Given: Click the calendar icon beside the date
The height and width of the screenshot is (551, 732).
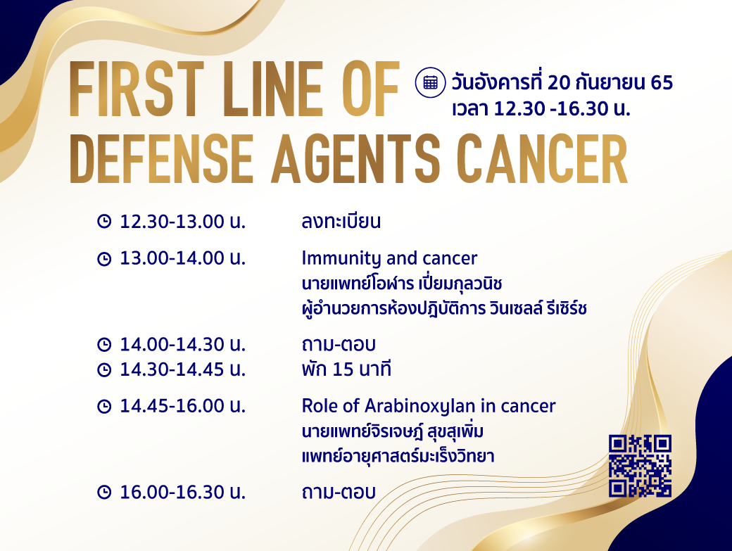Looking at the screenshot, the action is tap(430, 82).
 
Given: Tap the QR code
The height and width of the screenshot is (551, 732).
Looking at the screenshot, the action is tap(640, 466).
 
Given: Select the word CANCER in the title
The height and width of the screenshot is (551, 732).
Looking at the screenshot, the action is tap(543, 159).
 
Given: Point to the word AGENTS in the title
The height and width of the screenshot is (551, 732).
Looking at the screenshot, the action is tap(355, 159).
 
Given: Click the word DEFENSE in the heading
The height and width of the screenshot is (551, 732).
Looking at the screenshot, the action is tap(161, 159).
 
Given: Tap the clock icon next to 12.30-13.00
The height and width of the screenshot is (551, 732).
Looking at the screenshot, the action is tap(104, 221).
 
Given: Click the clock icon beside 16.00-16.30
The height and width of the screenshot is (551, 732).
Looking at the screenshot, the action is tap(104, 492).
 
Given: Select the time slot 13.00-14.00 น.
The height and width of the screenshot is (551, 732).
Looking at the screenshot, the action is tap(182, 258).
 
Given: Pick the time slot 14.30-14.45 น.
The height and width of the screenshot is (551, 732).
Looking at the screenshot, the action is tap(182, 369).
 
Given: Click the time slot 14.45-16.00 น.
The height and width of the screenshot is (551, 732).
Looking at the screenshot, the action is tap(182, 406).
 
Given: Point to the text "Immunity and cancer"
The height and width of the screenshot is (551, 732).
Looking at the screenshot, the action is tap(389, 258).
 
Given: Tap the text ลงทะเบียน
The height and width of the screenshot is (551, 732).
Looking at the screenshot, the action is tap(341, 221).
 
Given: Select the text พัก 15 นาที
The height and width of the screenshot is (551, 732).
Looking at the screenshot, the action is tap(346, 369).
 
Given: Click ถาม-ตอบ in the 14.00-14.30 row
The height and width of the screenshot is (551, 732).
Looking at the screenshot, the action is tap(339, 344).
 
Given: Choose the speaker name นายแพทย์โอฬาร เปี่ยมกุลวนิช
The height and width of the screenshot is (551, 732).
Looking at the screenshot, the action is tap(401, 283).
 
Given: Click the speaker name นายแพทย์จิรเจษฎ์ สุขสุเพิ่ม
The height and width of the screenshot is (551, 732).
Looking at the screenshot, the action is tap(392, 431).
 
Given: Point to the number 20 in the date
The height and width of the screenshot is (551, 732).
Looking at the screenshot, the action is tap(559, 82).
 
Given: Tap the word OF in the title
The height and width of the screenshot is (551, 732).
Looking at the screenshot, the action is tap(371, 89).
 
